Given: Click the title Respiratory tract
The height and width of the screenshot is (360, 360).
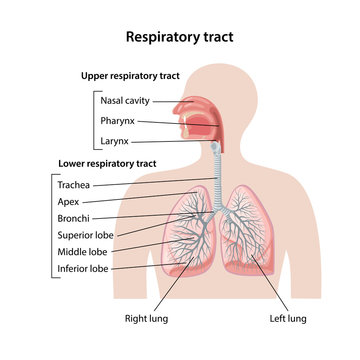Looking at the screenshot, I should [x=180, y=37].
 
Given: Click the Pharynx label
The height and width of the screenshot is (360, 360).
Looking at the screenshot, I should [x=117, y=121].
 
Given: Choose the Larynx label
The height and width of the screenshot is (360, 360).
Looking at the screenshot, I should [x=114, y=142].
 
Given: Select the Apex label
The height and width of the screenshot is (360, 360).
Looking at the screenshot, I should [x=69, y=201].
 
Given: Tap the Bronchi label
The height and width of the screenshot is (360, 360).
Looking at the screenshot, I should [x=73, y=218].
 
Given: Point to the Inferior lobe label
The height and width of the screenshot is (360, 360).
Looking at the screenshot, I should [x=83, y=268].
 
